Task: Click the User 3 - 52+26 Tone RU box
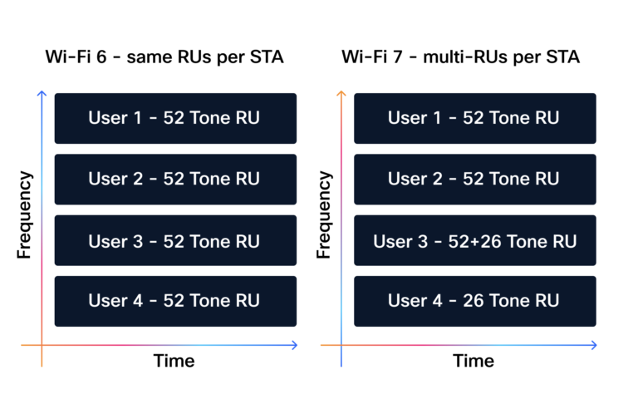474,240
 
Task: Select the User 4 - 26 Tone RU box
474,301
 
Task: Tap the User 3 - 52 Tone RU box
175,240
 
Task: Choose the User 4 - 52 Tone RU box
175,301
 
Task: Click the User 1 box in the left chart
175,118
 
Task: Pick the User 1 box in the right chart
474,118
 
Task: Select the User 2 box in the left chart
175,179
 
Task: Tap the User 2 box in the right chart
474,179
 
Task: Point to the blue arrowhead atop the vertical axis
42,92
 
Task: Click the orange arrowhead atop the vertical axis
341,92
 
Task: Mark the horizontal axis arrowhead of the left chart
295,345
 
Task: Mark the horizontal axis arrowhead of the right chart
593,345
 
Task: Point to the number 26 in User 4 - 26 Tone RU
474,301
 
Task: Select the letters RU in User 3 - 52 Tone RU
248,241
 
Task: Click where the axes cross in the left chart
42,345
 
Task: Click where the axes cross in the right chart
341,345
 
